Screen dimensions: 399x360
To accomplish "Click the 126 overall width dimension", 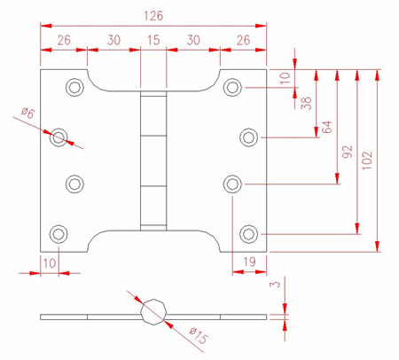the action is coord(153,16).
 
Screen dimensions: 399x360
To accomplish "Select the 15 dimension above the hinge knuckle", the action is coord(153,40).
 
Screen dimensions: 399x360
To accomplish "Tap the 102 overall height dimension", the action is coord(367,160).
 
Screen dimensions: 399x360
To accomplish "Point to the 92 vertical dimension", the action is coord(348,152).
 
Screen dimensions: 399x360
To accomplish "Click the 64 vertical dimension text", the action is coord(326,127).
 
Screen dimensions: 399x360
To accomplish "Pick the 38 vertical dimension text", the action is coord(306,103).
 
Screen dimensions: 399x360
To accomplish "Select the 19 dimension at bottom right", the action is coord(249,262).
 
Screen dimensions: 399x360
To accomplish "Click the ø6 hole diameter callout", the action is coord(28,113).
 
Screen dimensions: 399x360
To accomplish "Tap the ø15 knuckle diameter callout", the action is coord(199,335).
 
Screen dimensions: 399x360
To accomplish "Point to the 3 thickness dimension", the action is coord(275,284).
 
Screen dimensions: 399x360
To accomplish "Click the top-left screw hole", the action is coord(74,87).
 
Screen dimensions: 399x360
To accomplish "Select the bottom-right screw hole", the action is coord(248,234).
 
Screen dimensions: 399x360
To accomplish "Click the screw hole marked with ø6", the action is coord(59,137).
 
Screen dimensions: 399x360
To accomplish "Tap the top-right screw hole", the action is coord(232,87).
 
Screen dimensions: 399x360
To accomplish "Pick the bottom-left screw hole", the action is coord(59,234).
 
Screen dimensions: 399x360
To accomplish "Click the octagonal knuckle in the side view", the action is coord(153,312).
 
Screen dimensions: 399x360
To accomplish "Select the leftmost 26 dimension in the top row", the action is coord(64,40).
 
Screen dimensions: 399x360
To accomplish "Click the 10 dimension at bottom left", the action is coord(50,262).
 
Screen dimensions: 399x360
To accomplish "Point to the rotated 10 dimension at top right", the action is coord(286,78).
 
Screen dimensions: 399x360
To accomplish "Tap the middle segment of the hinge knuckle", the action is coord(153,160).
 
